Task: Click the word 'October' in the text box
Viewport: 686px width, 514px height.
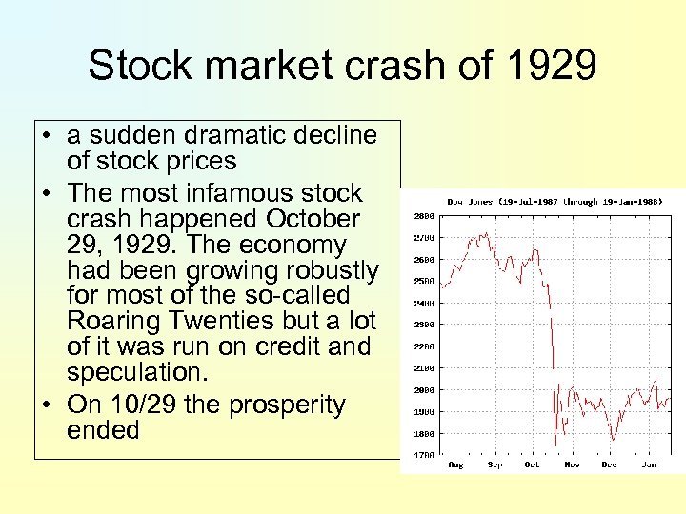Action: click(313, 219)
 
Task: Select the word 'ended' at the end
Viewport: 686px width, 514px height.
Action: click(103, 430)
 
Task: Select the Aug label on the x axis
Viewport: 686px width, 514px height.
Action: click(454, 465)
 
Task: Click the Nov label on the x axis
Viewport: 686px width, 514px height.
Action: click(571, 465)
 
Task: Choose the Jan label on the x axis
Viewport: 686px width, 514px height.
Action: click(648, 465)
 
